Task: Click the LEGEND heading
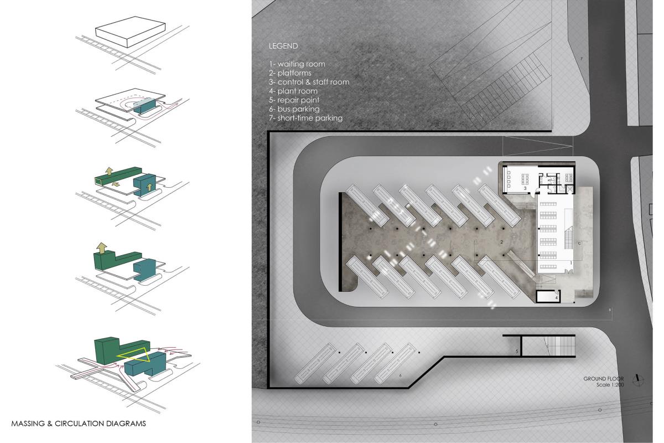[x=283, y=46]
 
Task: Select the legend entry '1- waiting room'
[x=297, y=64]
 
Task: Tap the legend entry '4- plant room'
[x=293, y=91]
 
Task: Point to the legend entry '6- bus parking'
[x=294, y=109]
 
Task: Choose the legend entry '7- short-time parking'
[x=305, y=118]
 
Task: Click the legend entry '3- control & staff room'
[x=309, y=82]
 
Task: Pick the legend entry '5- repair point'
[x=294, y=100]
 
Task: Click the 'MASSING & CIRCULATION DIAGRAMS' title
[x=79, y=424]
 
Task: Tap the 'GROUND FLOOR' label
[x=604, y=379]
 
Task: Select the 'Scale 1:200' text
[x=610, y=384]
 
